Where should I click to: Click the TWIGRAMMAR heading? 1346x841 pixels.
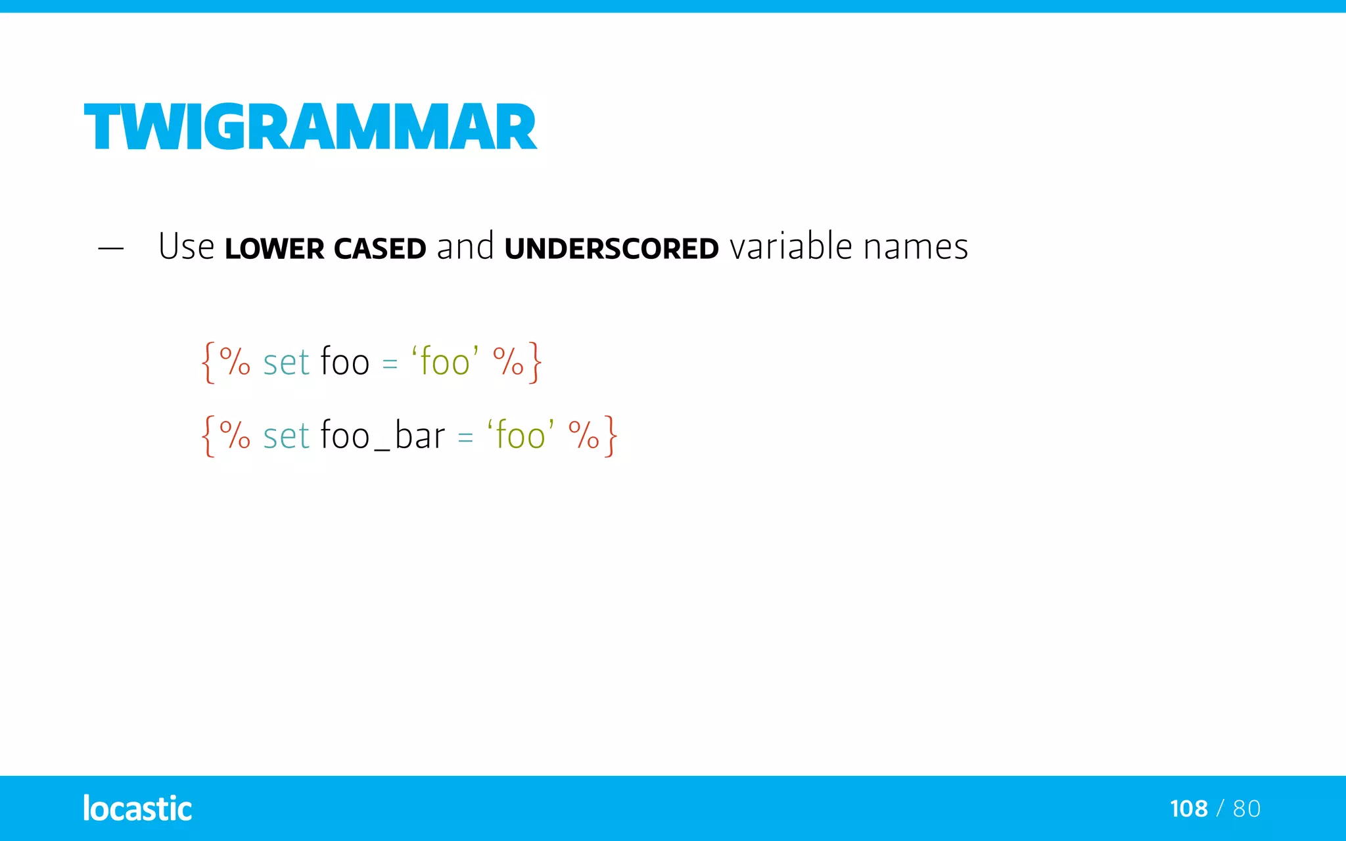pyautogui.click(x=310, y=127)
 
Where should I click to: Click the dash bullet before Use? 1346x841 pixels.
pyautogui.click(x=110, y=248)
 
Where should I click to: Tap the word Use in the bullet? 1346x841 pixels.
pyautogui.click(x=186, y=247)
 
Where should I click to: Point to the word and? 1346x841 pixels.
pyautogui.click(x=465, y=247)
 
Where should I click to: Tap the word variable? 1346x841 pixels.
pyautogui.click(x=791, y=247)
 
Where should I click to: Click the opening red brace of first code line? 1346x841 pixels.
pyautogui.click(x=208, y=362)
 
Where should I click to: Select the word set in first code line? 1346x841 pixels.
pyautogui.click(x=286, y=363)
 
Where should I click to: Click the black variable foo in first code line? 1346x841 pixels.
pyautogui.click(x=345, y=362)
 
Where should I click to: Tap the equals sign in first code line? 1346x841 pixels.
pyautogui.click(x=390, y=364)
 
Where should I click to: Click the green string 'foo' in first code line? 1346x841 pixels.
pyautogui.click(x=445, y=362)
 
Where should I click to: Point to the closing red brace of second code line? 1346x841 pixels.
pyautogui.click(x=611, y=436)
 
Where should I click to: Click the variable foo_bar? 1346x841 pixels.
pyautogui.click(x=383, y=436)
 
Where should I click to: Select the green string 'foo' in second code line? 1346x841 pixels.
pyautogui.click(x=521, y=436)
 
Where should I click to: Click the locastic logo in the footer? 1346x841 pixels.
pyautogui.click(x=137, y=808)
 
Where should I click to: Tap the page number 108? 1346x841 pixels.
pyautogui.click(x=1188, y=809)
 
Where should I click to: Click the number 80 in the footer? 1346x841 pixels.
pyautogui.click(x=1247, y=809)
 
